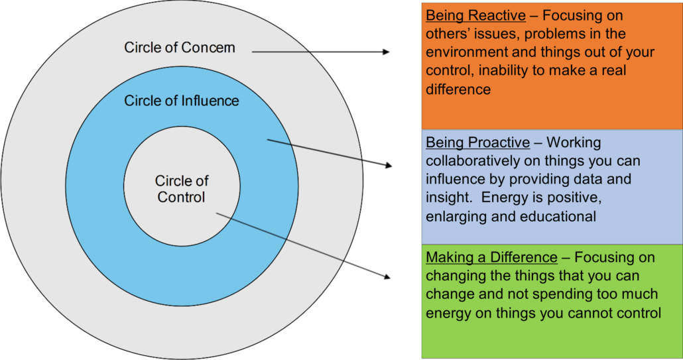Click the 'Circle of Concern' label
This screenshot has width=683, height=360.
[180, 48]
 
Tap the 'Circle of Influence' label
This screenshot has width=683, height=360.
[182, 101]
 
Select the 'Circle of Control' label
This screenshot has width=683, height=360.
[182, 189]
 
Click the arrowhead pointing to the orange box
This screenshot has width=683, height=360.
[387, 52]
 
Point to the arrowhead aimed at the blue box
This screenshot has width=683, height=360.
[388, 165]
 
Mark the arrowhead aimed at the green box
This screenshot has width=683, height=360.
[387, 276]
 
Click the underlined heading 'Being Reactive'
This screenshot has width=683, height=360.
[475, 16]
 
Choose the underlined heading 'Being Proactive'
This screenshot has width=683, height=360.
[478, 143]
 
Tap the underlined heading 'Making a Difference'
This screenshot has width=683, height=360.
[491, 258]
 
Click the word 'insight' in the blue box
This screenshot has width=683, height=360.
[448, 198]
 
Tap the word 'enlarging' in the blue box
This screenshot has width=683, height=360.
[454, 216]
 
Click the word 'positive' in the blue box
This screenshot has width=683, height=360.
[573, 198]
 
